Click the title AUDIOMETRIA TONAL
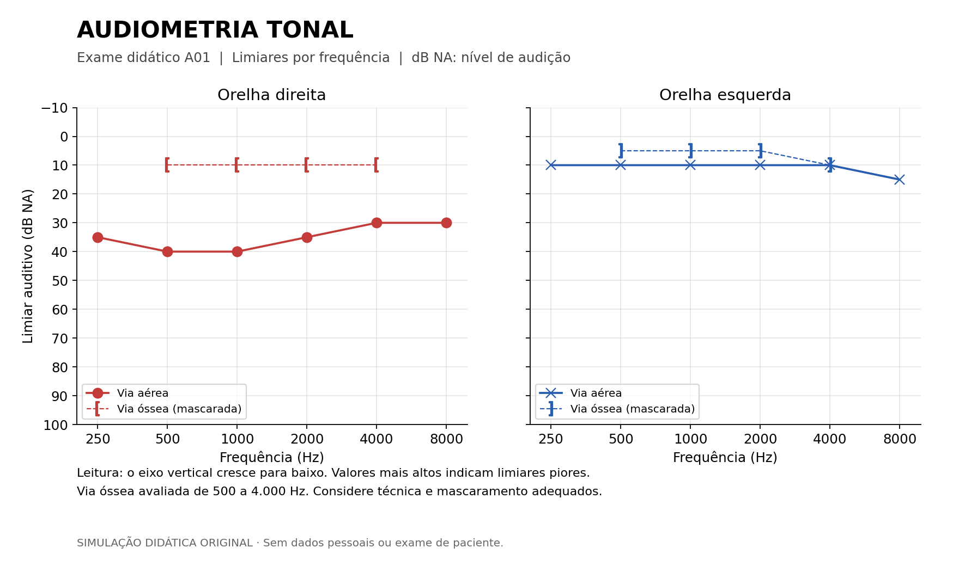coord(215,30)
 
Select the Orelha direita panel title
coord(271,95)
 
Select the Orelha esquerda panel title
coord(725,95)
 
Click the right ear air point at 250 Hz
coord(98,237)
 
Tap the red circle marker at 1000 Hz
coord(237,251)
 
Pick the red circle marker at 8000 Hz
coord(446,223)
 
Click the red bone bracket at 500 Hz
coord(167,165)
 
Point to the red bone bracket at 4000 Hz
coord(376,165)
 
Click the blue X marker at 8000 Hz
coord(900,180)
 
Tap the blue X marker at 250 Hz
coord(551,165)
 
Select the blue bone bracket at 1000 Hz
coord(690,151)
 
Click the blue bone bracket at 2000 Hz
coord(760,151)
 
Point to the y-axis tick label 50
coord(60,281)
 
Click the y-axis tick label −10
coord(54,108)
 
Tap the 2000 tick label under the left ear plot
coord(760,439)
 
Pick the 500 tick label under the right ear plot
coord(167,439)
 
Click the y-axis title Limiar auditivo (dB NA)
coord(28,266)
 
